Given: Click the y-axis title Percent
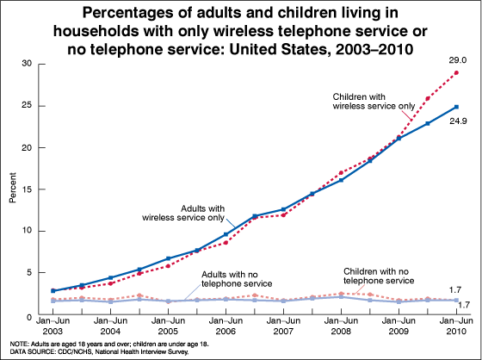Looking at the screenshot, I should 12,189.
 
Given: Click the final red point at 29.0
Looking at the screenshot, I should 455,73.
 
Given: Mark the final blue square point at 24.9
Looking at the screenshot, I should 455,107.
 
